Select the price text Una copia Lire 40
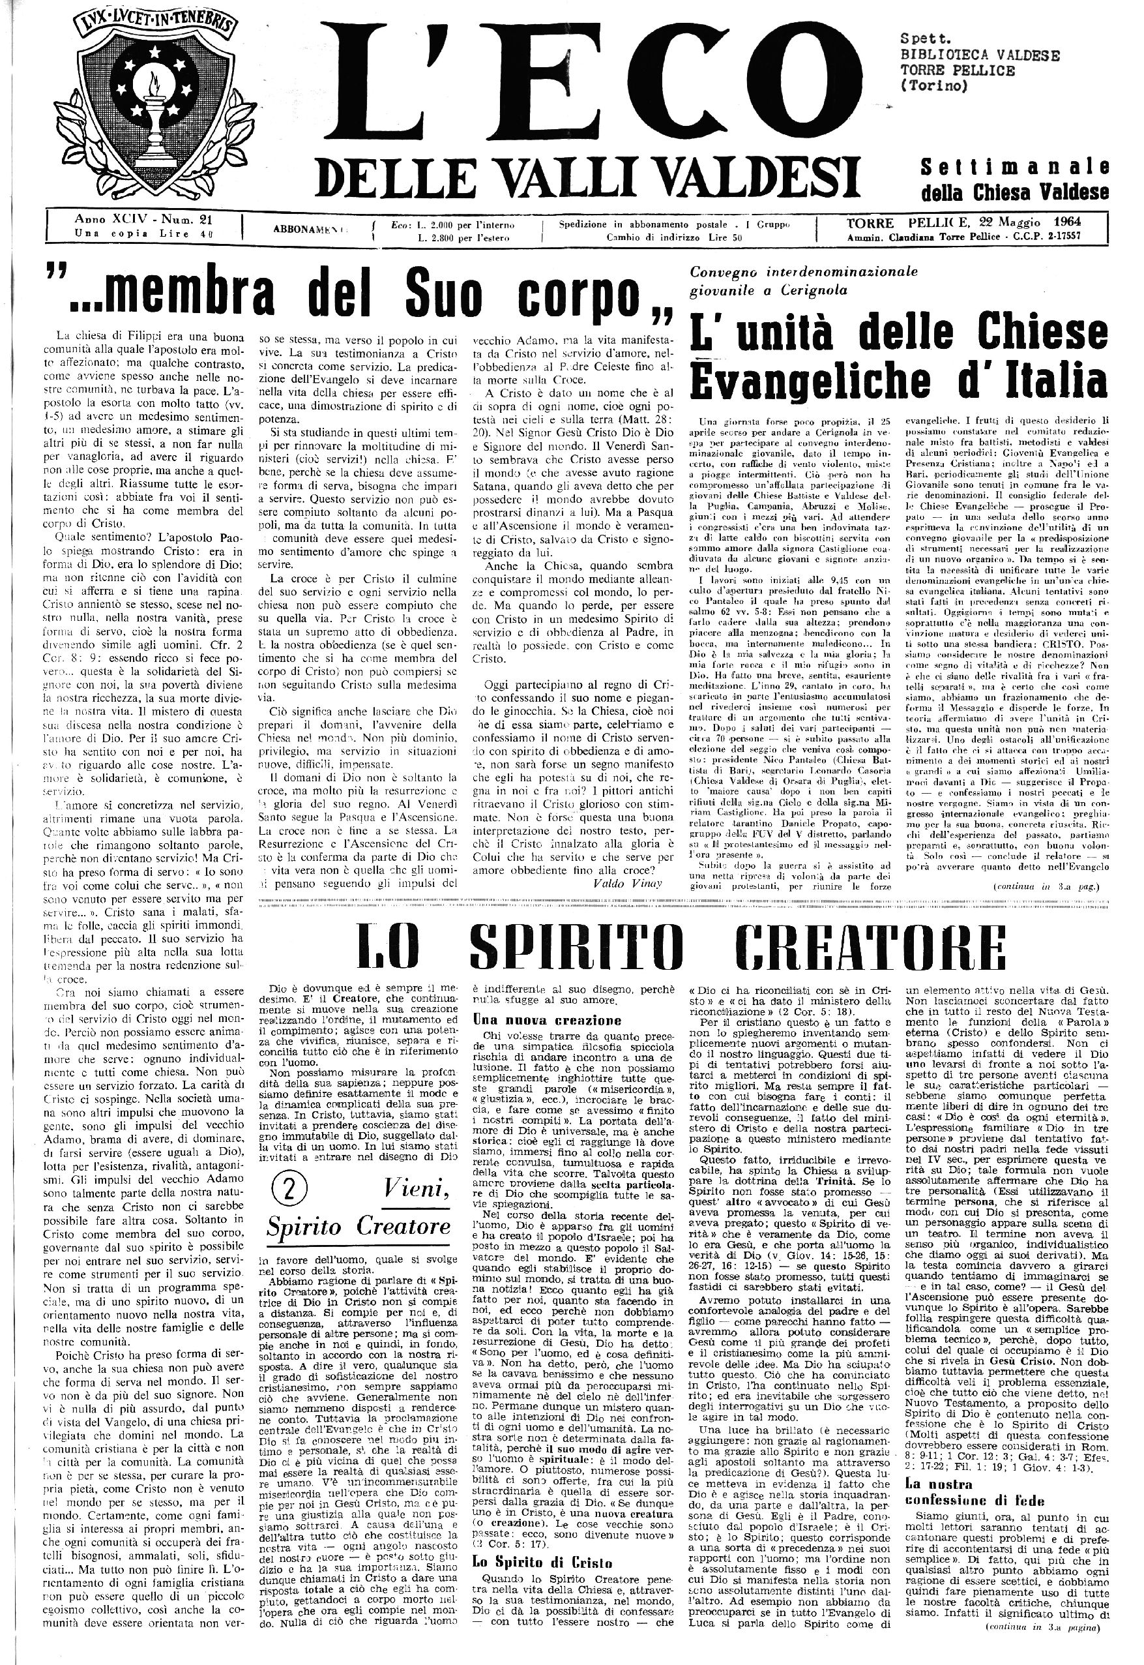coord(147,233)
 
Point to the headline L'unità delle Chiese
coord(900,332)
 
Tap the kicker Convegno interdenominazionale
coord(804,273)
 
